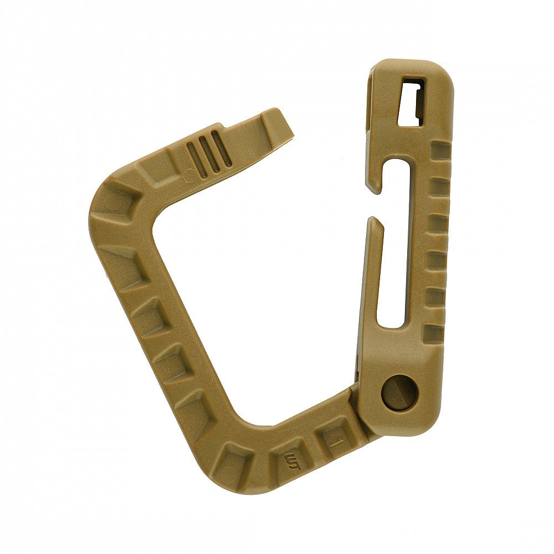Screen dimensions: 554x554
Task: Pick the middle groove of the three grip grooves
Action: (x=209, y=155)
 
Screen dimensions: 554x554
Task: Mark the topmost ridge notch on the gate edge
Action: (x=441, y=150)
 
